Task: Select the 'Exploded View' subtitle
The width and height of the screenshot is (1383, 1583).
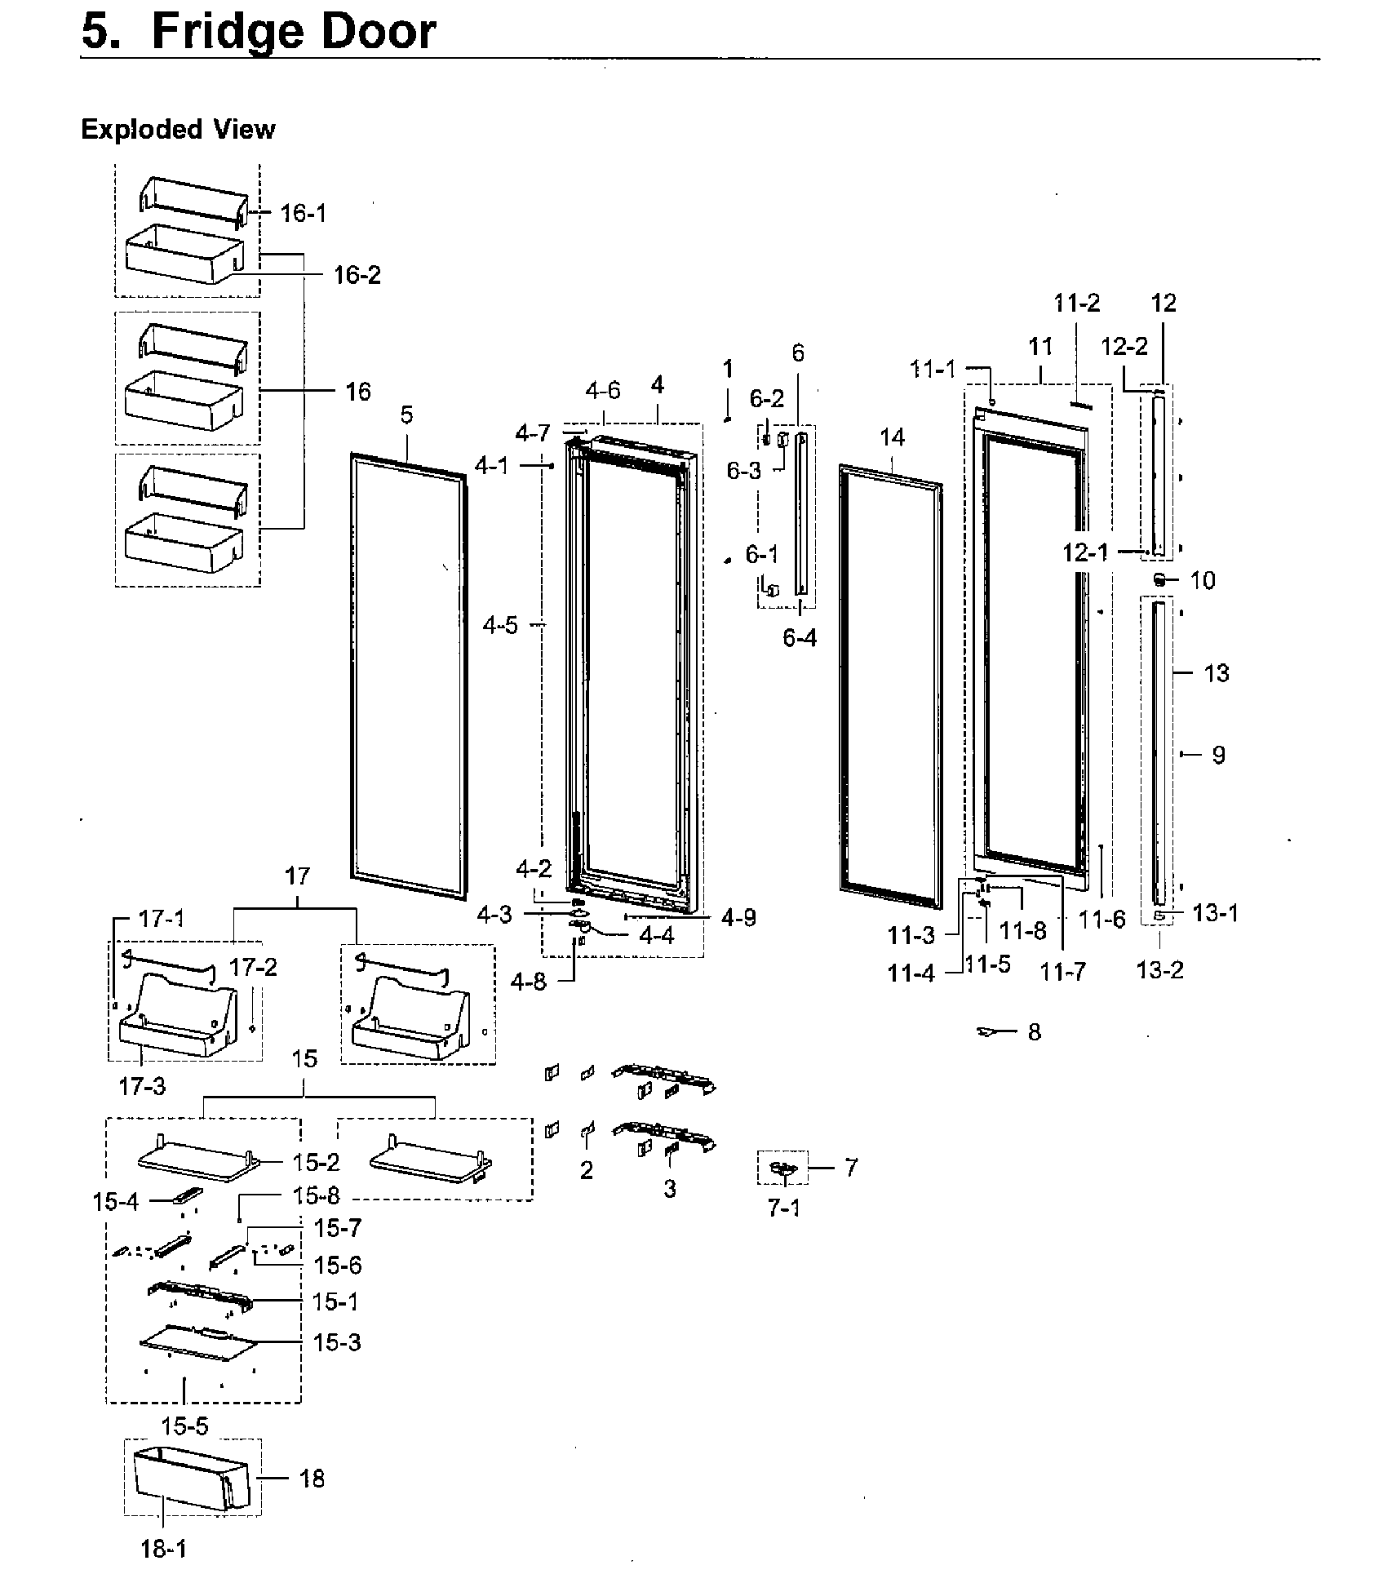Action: (178, 129)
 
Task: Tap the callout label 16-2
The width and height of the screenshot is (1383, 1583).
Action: (357, 275)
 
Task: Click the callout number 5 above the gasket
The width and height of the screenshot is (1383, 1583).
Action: (406, 415)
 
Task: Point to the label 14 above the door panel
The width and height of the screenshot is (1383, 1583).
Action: (892, 437)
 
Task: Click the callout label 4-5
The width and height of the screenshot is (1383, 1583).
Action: (499, 626)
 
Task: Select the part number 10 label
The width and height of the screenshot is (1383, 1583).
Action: (1202, 580)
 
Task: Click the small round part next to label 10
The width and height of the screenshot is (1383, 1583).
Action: (1159, 579)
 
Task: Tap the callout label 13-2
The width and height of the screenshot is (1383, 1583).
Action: (1159, 970)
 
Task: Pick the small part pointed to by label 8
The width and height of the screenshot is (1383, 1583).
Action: (988, 1032)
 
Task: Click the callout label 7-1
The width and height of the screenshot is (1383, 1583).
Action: (784, 1208)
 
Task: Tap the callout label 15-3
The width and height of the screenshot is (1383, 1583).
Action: (337, 1342)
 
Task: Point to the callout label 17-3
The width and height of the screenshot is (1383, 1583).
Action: (142, 1086)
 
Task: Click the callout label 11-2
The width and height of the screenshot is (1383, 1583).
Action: (1076, 304)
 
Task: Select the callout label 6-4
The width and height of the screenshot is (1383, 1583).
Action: (800, 638)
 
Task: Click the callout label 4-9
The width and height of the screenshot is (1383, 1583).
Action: (738, 918)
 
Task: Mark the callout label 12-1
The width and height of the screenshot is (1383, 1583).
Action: (1085, 552)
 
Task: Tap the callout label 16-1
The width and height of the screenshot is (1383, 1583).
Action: (303, 214)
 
